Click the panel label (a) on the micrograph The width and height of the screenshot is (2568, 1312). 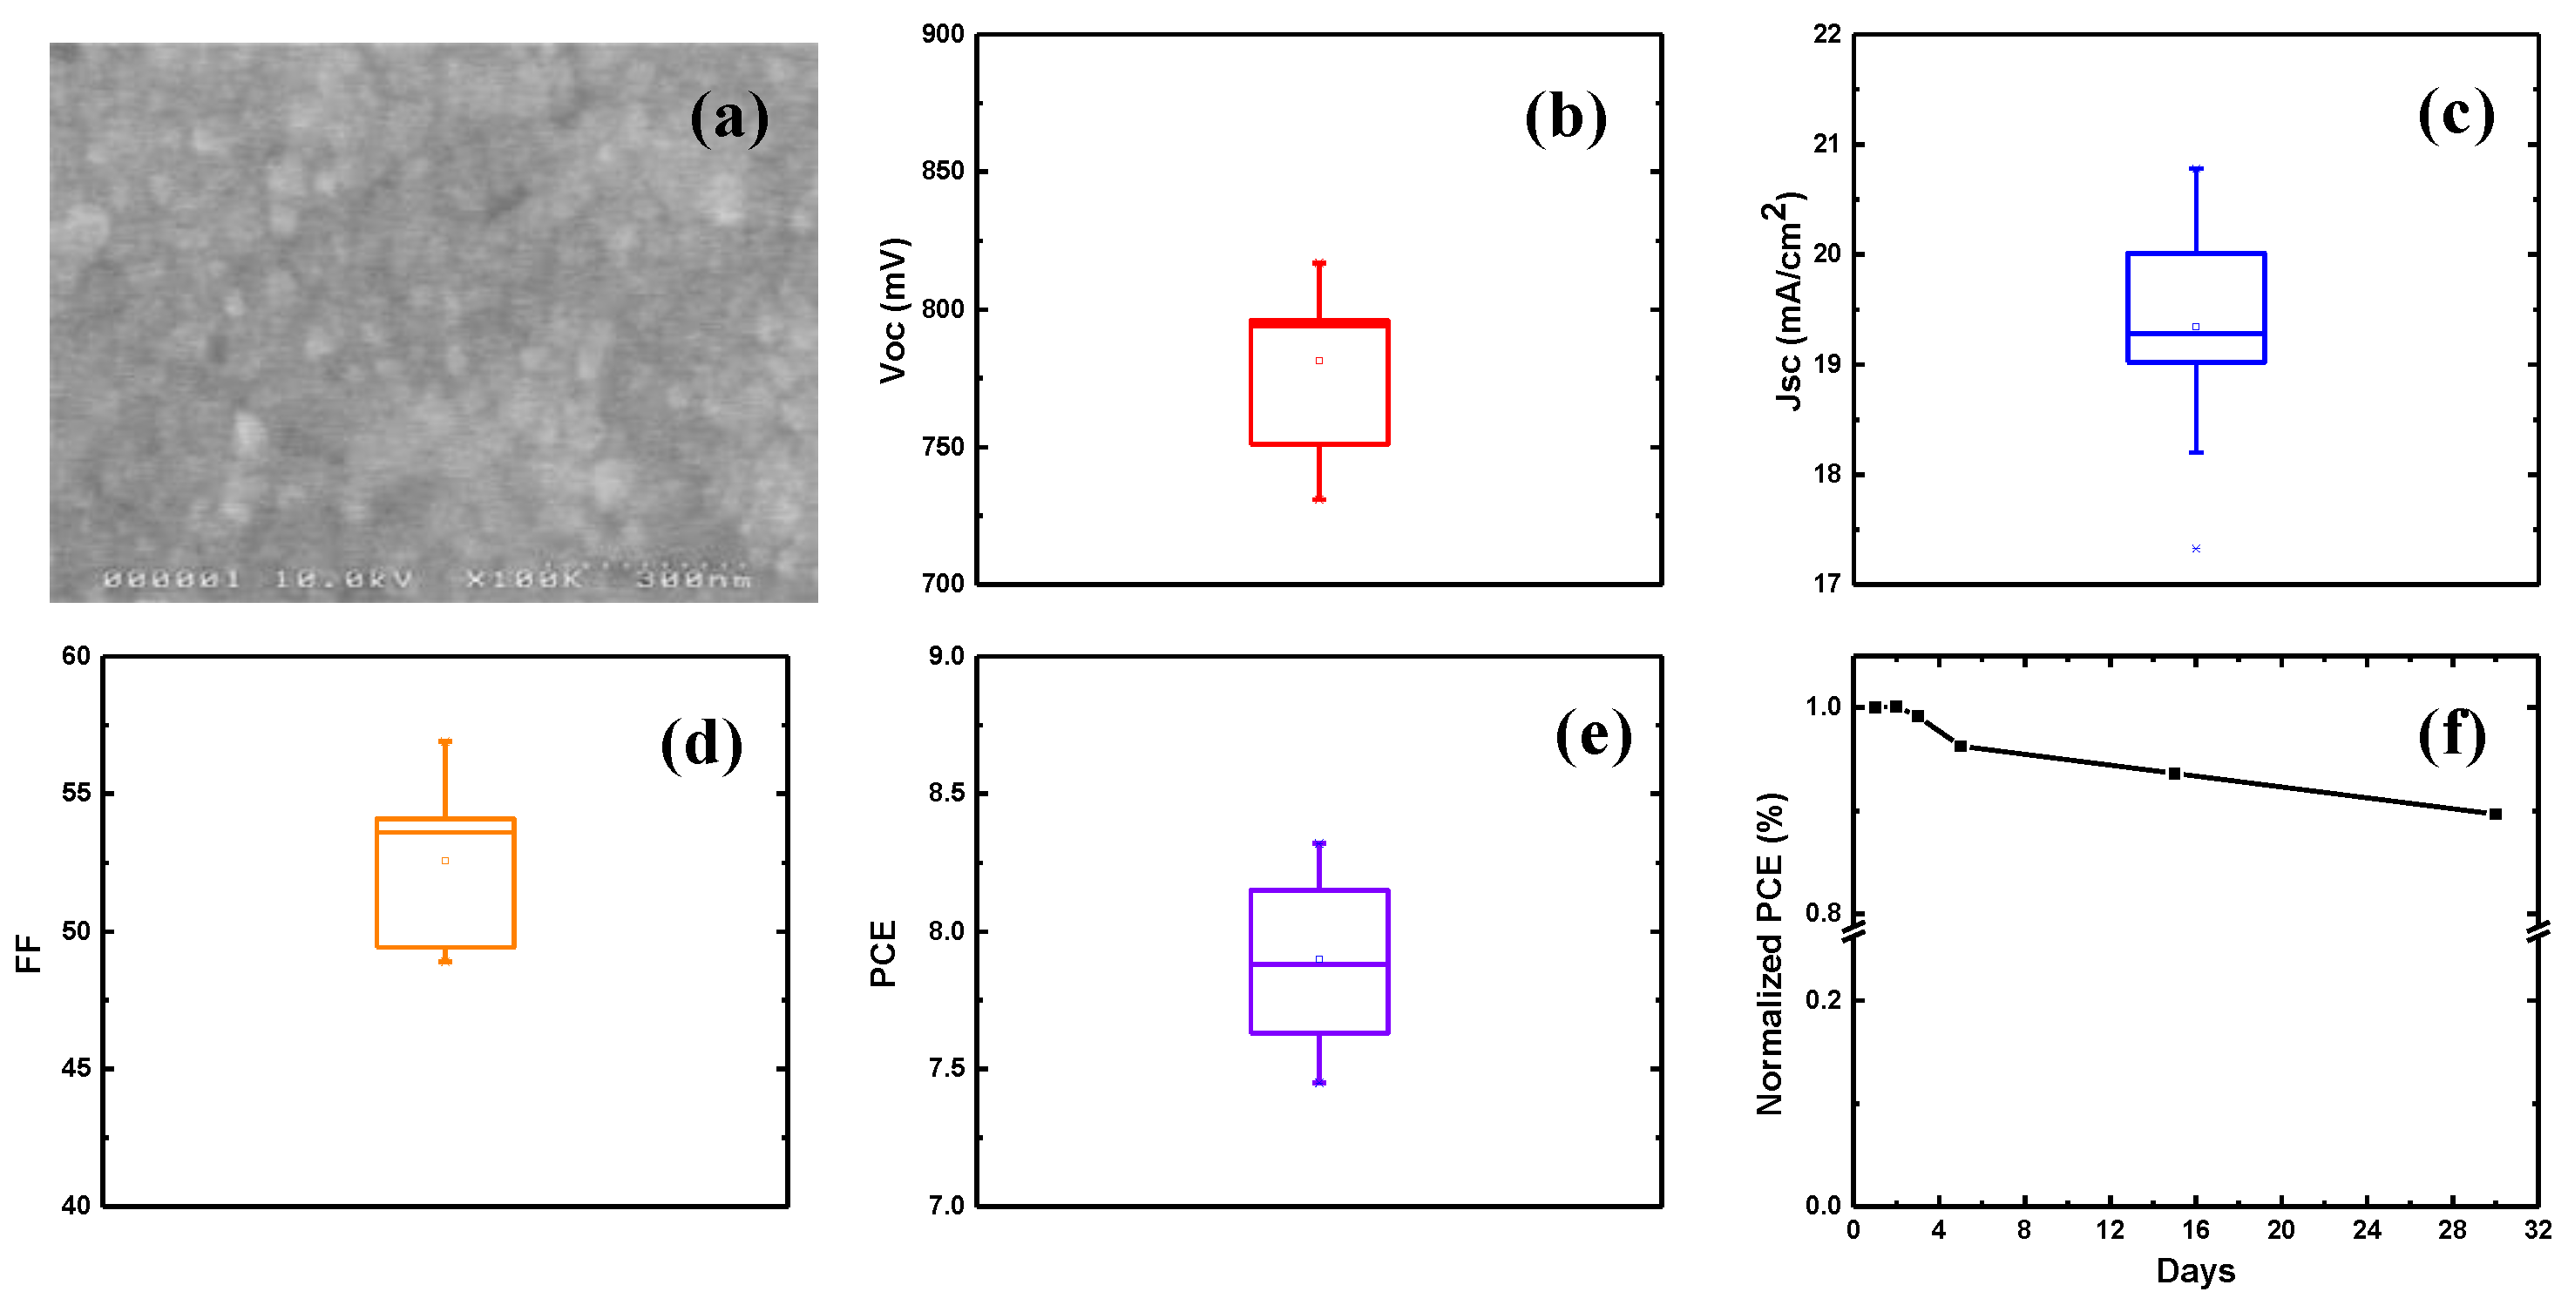point(728,118)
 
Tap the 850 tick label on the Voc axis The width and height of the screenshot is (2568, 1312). point(943,172)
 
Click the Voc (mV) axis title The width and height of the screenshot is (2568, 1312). point(893,310)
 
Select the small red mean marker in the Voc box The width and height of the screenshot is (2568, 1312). point(1319,361)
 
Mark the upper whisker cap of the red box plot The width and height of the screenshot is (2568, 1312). point(1319,263)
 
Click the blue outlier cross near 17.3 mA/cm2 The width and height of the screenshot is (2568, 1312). point(2195,548)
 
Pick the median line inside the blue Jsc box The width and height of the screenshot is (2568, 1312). point(2195,333)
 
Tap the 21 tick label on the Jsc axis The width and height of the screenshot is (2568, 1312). point(1826,145)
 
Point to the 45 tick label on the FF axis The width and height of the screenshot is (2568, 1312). point(76,1068)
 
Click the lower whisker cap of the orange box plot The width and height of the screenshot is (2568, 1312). point(444,961)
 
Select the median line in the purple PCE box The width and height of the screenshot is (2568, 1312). point(1319,964)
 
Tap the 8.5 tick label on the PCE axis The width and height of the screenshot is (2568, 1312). point(946,793)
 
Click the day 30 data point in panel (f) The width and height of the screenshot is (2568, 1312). point(2495,815)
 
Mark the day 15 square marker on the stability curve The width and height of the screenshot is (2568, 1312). point(2174,774)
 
